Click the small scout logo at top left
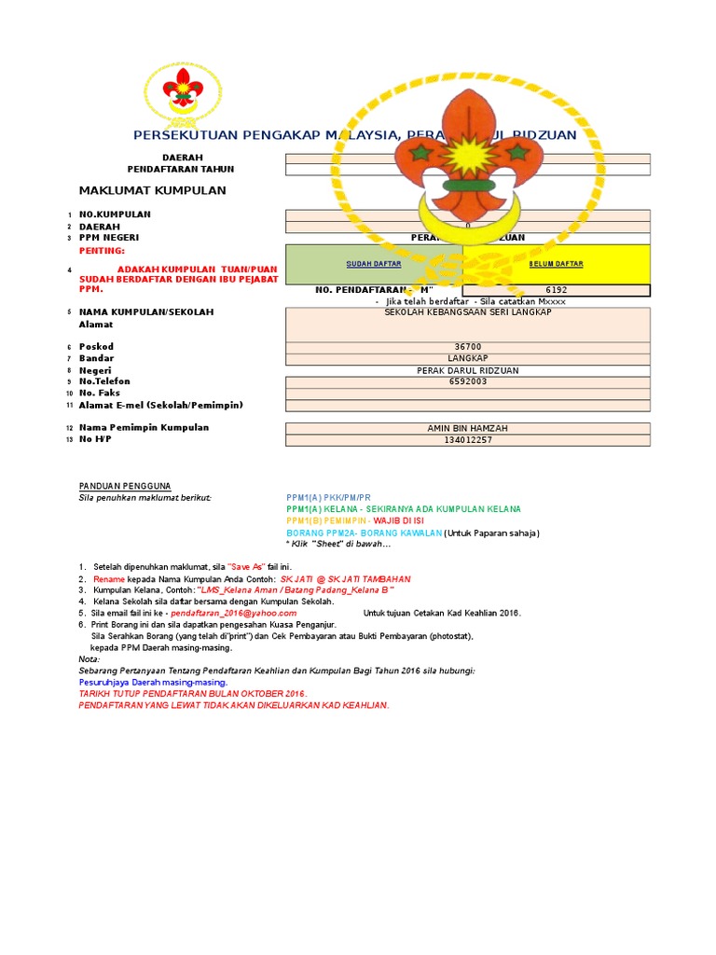183,94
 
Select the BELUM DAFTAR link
556,264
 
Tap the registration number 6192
557,290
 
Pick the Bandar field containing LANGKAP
467,358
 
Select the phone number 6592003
467,381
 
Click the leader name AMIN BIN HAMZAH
467,428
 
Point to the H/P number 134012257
467,440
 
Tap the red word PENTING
102,252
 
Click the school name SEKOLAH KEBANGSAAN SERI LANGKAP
468,311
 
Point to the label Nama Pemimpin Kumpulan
144,427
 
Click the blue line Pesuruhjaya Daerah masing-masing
153,682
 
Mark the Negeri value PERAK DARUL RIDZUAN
467,370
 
